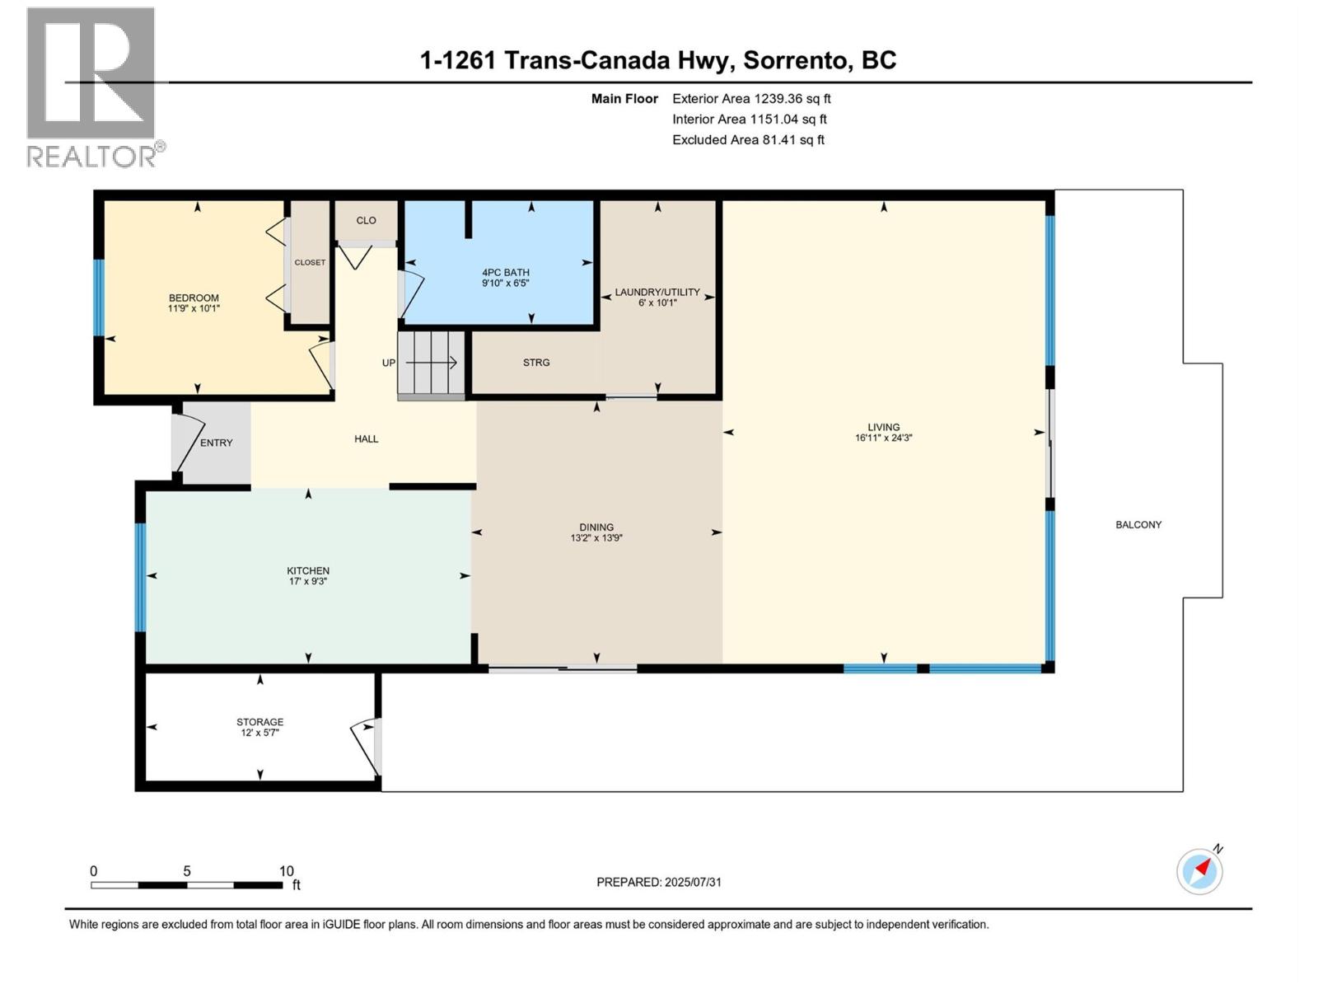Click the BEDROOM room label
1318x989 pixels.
[194, 298]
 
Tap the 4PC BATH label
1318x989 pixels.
[505, 272]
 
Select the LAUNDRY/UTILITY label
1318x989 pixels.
[657, 292]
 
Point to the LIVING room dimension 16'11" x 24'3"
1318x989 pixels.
[883, 438]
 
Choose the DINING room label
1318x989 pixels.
[596, 527]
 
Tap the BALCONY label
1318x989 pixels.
[1138, 525]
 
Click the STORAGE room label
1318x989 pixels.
[259, 722]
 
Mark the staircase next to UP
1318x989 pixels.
[431, 363]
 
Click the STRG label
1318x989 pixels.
[535, 363]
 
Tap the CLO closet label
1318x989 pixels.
[366, 220]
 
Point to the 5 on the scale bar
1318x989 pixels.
[187, 871]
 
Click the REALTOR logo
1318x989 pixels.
[92, 87]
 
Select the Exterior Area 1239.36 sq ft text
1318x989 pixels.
[750, 99]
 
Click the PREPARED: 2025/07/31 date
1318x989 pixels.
[658, 882]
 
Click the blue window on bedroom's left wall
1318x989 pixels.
[99, 298]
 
